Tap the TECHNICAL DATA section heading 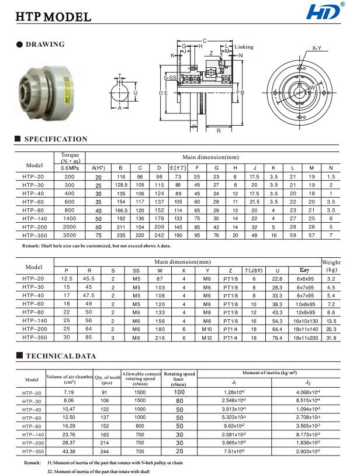61,356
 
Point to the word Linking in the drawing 244,47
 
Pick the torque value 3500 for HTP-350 70,234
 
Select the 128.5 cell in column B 121,184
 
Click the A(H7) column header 98,167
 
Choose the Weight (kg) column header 331,267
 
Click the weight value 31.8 331,337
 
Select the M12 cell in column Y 207,337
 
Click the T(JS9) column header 254,271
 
